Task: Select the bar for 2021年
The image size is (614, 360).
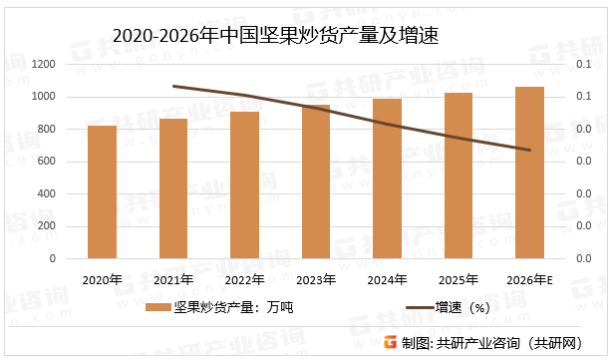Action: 173,188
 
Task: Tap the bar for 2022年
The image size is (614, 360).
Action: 244,184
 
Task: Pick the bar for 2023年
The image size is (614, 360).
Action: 316,181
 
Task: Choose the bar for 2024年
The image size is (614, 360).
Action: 387,179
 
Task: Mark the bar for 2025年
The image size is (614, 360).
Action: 459,176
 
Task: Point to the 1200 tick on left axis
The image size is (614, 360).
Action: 42,64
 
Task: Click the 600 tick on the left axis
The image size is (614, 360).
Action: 46,162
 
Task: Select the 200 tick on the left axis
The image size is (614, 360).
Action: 46,226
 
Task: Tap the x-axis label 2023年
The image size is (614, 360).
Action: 316,278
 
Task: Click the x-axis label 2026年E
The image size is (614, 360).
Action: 529,278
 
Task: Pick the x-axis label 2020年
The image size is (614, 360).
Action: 102,278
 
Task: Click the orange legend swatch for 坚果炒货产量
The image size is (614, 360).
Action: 157,307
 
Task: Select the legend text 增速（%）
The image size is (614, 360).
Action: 460,307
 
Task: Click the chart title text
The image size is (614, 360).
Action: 277,36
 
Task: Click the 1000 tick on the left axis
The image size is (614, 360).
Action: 42,97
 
